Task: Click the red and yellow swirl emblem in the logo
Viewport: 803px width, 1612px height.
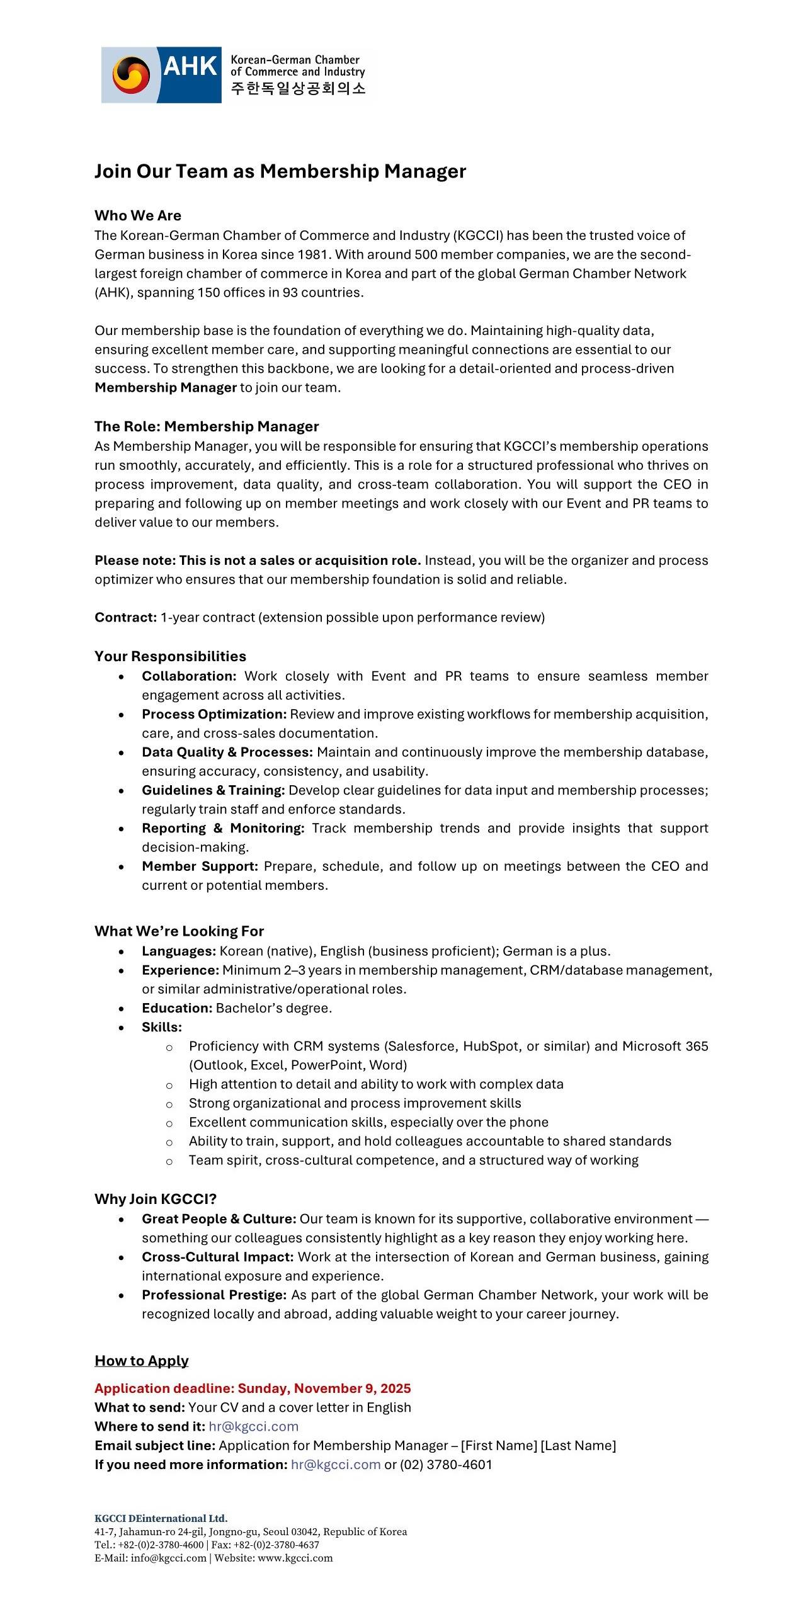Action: (131, 75)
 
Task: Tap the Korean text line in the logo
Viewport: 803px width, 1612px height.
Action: (297, 89)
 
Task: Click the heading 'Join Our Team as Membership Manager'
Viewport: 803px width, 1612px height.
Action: (280, 171)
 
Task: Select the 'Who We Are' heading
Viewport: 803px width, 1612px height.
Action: (138, 215)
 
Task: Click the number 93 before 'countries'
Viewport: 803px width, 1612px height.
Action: (290, 293)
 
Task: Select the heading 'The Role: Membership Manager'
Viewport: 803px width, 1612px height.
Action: (207, 426)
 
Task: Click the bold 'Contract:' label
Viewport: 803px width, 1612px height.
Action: (125, 617)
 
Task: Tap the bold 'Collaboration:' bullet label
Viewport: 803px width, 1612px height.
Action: (189, 676)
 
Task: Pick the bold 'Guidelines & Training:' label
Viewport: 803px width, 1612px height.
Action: (213, 790)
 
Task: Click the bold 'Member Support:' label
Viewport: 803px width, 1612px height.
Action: (200, 866)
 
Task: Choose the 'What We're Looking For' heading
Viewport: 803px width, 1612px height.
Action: (179, 931)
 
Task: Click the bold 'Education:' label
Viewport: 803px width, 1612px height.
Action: (177, 1008)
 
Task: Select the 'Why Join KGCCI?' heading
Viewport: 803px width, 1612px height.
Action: (155, 1199)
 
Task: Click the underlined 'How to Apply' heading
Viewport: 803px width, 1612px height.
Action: (141, 1361)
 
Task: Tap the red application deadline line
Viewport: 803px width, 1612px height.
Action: (253, 1388)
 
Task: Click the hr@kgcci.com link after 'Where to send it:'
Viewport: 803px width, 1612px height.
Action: (253, 1426)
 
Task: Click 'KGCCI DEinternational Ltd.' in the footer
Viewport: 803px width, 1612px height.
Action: (161, 1518)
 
